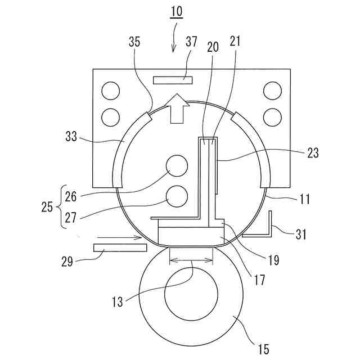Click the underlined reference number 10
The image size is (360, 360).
(x=176, y=11)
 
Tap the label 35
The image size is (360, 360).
(x=134, y=42)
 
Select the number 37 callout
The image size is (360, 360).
(x=191, y=42)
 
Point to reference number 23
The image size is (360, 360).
(x=313, y=152)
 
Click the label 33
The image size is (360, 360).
(x=71, y=137)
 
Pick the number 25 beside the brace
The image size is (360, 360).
(x=47, y=207)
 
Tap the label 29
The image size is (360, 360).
(x=67, y=262)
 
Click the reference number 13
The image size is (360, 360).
(x=118, y=301)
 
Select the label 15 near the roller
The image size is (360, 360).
(x=263, y=349)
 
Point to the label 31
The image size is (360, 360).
(x=301, y=235)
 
